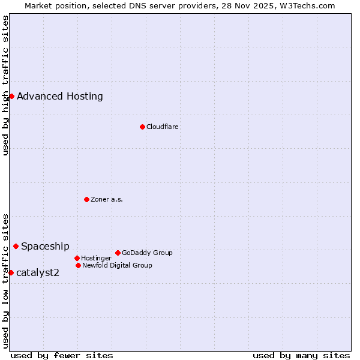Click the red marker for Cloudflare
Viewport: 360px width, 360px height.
click(142, 127)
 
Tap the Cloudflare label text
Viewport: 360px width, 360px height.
click(163, 127)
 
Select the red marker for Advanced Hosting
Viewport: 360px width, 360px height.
click(11, 96)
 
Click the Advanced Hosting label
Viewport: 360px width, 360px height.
click(60, 96)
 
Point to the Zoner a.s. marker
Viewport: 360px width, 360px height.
click(86, 199)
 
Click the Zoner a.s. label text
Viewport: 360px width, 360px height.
click(107, 199)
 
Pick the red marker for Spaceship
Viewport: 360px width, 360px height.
click(16, 246)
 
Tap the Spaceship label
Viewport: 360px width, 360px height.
click(45, 246)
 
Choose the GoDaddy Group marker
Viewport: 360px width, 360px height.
click(118, 253)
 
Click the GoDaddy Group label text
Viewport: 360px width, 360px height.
click(147, 253)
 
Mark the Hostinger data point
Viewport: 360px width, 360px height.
click(77, 258)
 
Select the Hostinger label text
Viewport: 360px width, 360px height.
click(96, 258)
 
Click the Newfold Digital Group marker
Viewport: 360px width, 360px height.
click(78, 265)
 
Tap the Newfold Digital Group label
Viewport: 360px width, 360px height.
click(117, 265)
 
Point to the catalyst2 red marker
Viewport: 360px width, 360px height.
click(11, 272)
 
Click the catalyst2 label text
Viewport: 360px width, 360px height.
click(38, 272)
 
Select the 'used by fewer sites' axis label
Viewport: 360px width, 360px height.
click(62, 355)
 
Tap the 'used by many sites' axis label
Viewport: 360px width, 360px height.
click(301, 355)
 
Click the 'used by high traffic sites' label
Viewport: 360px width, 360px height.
click(5, 85)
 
